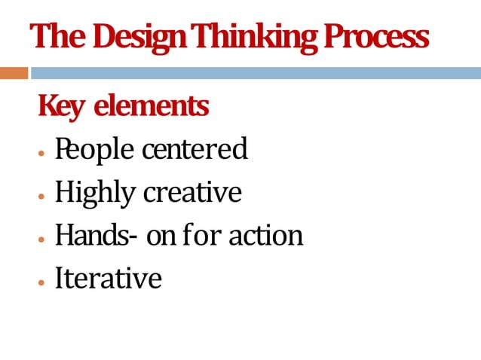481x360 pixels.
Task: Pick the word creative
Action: point(191,193)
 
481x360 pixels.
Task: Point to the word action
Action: point(265,236)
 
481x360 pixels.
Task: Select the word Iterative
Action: point(108,279)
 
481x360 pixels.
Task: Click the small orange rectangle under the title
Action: point(14,73)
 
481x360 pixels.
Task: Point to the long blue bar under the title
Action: point(256,73)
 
